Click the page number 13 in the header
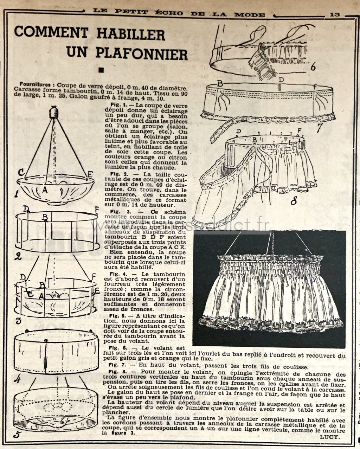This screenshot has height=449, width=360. (x=335, y=15)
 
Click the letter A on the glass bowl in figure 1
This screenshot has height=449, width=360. (x=44, y=190)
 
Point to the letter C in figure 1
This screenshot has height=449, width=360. (x=21, y=172)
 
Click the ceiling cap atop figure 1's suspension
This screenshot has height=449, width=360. (x=54, y=112)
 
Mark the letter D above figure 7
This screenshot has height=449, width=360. (x=282, y=80)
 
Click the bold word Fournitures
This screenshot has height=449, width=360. (x=35, y=84)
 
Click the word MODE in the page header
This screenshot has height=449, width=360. (x=250, y=15)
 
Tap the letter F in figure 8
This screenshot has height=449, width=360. (x=300, y=131)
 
